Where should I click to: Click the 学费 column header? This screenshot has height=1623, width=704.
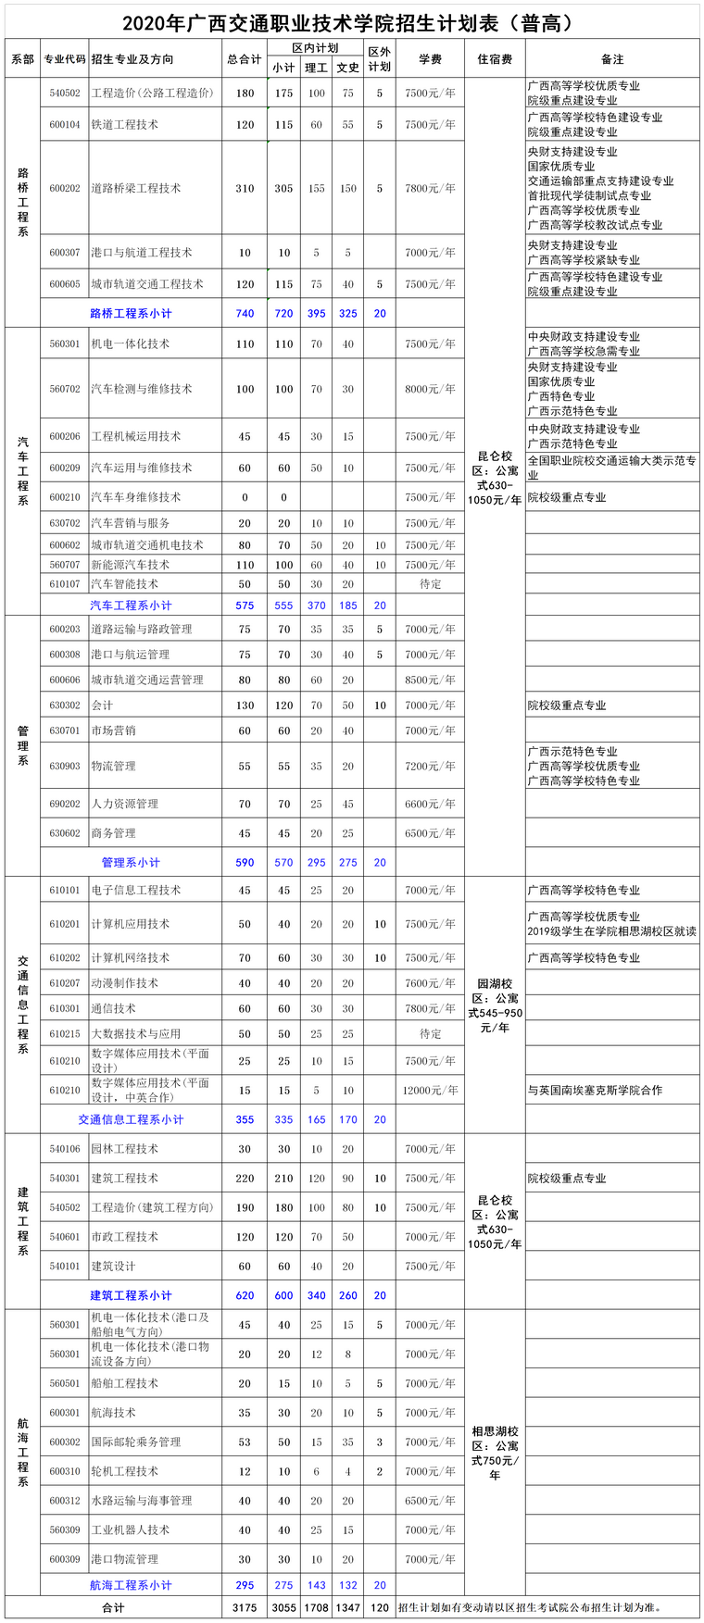(430, 59)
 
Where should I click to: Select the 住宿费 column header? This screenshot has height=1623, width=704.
(495, 59)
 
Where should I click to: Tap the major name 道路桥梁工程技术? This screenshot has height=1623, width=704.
(135, 188)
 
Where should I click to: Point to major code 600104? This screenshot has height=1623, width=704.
(65, 125)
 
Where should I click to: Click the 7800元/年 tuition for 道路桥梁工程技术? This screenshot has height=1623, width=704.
(430, 188)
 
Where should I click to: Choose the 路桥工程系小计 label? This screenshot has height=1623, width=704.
(131, 313)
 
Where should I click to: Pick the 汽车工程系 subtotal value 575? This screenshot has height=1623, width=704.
(245, 606)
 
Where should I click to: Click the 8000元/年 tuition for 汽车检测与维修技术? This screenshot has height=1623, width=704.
(430, 389)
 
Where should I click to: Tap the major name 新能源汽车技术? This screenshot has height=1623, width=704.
(130, 565)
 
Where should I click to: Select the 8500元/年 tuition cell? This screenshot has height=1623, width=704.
(430, 680)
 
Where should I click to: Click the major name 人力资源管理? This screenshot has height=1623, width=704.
(124, 804)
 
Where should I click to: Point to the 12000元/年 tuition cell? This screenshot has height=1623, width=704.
(430, 1091)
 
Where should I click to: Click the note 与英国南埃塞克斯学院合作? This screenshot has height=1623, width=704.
(595, 1091)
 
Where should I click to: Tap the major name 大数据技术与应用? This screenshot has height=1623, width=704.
(135, 1033)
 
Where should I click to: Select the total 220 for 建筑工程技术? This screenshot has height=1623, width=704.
(245, 1179)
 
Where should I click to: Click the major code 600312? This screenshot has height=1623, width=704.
(65, 1501)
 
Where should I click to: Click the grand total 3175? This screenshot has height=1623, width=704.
(245, 1608)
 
